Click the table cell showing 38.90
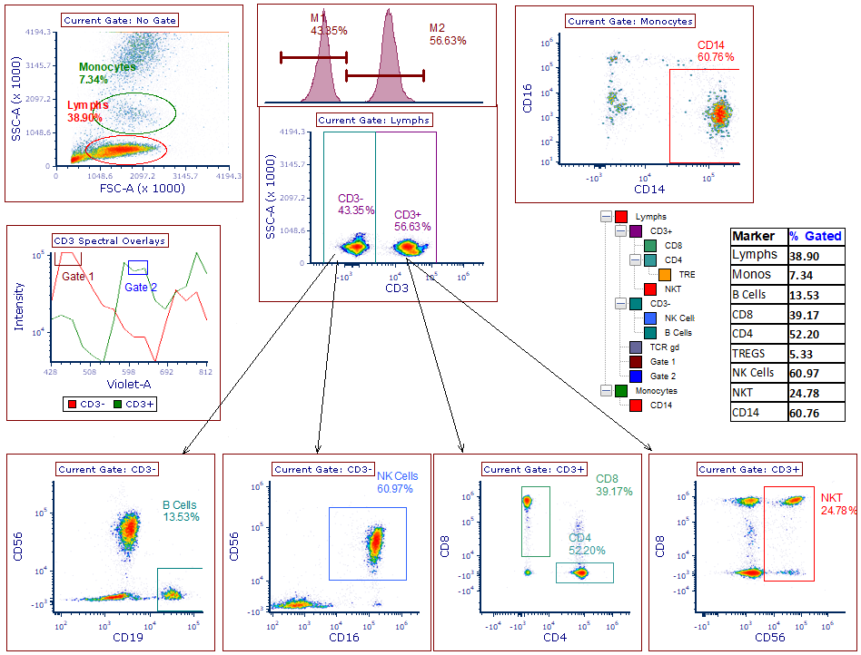(815, 256)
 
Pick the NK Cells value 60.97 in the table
(815, 374)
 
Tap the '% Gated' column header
(815, 236)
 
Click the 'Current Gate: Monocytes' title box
(630, 21)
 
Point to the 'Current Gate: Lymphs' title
(374, 120)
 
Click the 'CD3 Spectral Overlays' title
(110, 240)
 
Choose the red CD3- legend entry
(86, 404)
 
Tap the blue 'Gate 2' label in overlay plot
(141, 288)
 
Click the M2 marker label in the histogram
(438, 27)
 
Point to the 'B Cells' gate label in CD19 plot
(181, 505)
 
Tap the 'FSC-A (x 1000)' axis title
(145, 188)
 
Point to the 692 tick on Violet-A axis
(166, 372)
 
